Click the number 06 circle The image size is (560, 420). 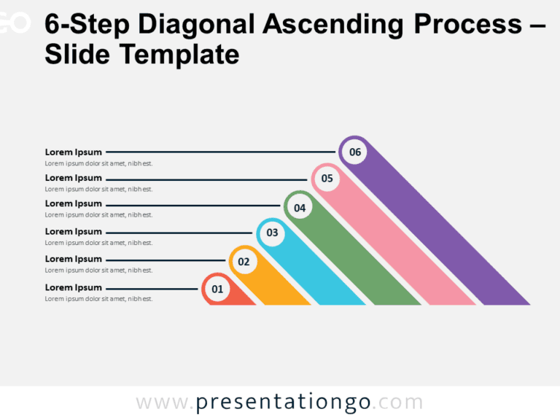click(x=354, y=152)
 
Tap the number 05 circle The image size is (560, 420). click(x=327, y=179)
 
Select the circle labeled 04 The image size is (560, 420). click(x=299, y=208)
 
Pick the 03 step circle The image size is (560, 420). click(x=272, y=233)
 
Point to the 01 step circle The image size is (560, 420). click(x=217, y=289)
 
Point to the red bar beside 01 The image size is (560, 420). click(x=241, y=297)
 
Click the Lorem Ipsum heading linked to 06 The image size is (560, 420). click(x=74, y=152)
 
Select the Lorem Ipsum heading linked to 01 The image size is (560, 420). click(x=74, y=287)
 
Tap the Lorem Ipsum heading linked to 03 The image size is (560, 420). click(x=74, y=231)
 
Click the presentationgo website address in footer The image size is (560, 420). click(x=279, y=402)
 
